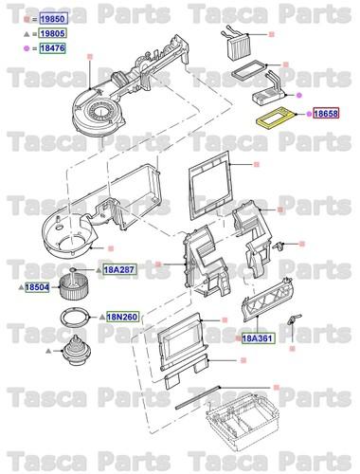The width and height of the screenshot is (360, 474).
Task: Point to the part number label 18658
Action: point(325,114)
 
